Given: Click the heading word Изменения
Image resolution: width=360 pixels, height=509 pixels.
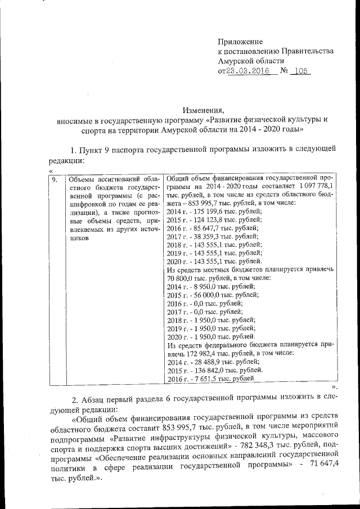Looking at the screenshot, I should point(203,110).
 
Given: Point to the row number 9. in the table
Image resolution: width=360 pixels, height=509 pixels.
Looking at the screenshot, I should point(55,180).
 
